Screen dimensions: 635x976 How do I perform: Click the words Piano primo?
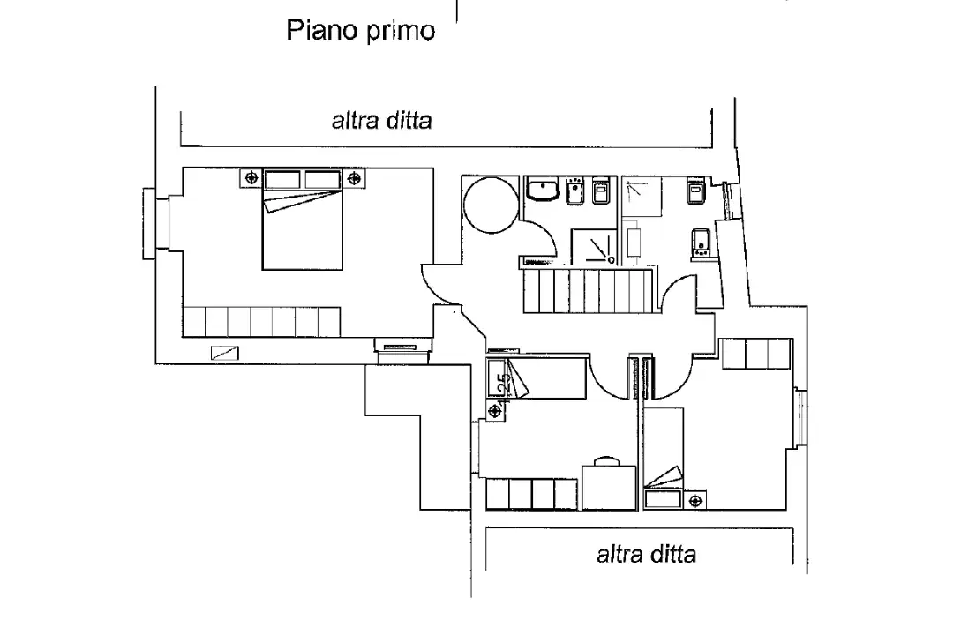(360, 31)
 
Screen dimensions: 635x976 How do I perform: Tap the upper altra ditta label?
(381, 121)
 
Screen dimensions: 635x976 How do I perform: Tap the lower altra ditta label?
(646, 554)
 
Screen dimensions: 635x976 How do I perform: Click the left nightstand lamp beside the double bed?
(252, 178)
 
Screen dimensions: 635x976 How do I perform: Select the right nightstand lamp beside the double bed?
(357, 178)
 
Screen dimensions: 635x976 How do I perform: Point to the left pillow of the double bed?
(282, 179)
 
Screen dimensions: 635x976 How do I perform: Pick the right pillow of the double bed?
(323, 179)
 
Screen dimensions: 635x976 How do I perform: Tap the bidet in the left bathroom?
(577, 190)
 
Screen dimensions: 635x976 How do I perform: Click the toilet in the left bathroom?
(602, 190)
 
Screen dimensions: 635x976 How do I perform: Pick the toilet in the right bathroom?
(693, 193)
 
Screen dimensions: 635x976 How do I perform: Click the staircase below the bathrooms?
(587, 290)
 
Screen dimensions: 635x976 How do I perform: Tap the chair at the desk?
(605, 460)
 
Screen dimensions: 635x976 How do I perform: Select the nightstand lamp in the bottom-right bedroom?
(696, 502)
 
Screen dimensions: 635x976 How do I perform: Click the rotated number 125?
(503, 385)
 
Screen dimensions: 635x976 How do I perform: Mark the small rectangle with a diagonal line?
(225, 353)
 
